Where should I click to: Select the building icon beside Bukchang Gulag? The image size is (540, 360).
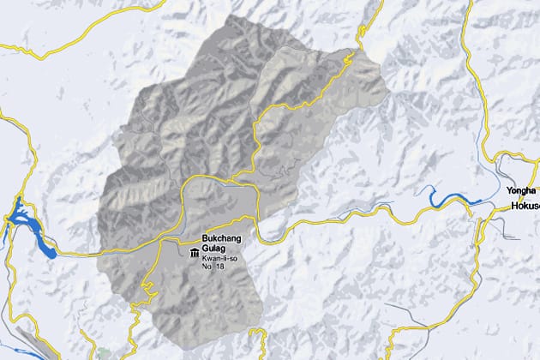(x=194, y=253)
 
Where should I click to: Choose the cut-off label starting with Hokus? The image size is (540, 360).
(x=523, y=207)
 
